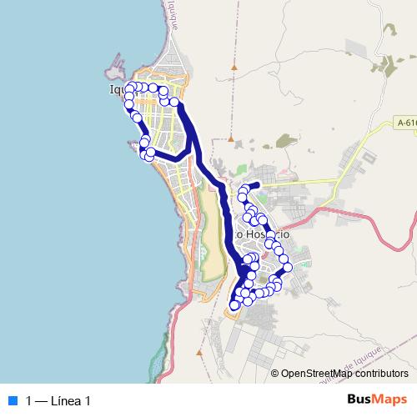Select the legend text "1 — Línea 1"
pos(58,400)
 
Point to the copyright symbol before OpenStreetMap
pos(275,374)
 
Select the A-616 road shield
pos(406,123)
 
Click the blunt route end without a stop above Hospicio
pos(259,184)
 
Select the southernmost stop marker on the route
pos(234,305)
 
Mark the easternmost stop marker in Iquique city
pos(176,103)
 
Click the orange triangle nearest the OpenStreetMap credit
pos(272,355)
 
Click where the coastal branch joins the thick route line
pos(193,154)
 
